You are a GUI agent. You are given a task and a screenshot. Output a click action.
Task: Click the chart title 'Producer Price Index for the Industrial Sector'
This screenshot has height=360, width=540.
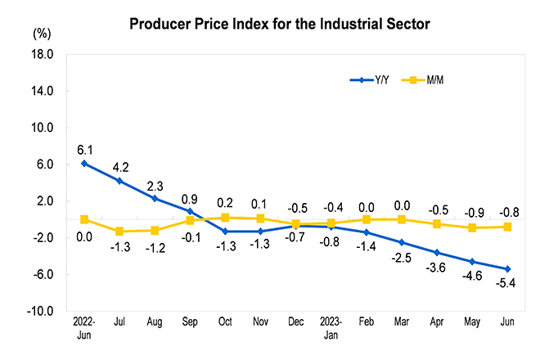pos(280,25)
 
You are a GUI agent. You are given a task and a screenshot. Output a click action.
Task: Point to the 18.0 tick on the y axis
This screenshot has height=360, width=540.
pos(43,55)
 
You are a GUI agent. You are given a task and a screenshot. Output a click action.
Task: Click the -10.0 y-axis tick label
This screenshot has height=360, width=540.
pos(42,312)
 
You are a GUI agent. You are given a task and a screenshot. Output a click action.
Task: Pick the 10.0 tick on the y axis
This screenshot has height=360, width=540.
pos(43,128)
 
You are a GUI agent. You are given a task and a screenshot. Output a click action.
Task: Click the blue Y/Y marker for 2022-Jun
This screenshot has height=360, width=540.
pos(84,164)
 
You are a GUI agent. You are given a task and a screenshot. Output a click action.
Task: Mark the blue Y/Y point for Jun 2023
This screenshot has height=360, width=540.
pos(507,269)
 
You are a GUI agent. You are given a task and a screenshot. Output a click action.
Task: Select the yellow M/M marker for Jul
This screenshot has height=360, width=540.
pos(119,232)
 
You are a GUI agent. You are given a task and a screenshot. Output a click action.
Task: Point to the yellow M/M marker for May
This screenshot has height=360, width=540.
pos(472,227)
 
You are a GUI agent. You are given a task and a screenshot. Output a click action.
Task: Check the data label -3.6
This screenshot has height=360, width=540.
pos(436,268)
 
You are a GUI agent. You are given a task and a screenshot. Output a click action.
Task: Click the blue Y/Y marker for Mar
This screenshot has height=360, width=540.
pos(402,242)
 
